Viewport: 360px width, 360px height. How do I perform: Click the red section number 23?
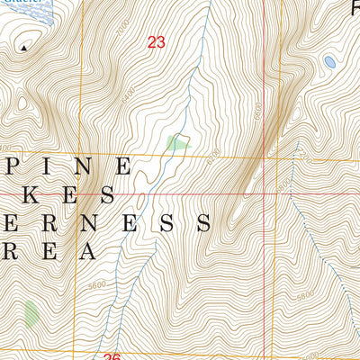(157, 41)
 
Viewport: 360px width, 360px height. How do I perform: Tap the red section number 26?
(112, 357)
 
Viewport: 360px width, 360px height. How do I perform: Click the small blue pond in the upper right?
(329, 62)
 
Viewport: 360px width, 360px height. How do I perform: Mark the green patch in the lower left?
(31, 313)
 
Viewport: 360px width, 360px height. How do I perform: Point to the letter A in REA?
(86, 250)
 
